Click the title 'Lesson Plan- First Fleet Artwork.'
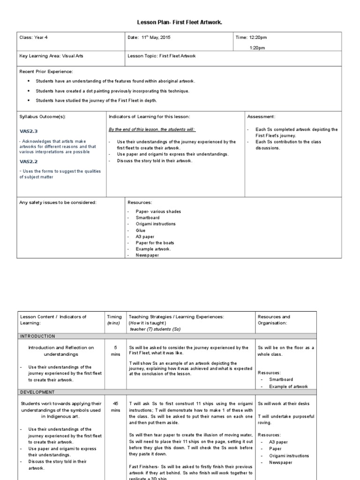[x=180, y=22]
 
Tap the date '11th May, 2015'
[x=149, y=37]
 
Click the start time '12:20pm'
[x=258, y=37]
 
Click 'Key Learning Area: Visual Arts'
[x=52, y=56]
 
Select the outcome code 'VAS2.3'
[x=28, y=132]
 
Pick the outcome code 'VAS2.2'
[x=28, y=161]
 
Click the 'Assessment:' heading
[x=261, y=116]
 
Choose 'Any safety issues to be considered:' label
[x=58, y=202]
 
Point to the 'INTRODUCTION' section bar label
[x=37, y=336]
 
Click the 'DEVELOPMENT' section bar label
[x=37, y=392]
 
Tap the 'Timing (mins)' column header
[x=114, y=320]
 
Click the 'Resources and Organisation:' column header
[x=274, y=320]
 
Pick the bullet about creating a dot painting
[x=112, y=91]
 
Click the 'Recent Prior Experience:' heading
[x=46, y=72]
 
